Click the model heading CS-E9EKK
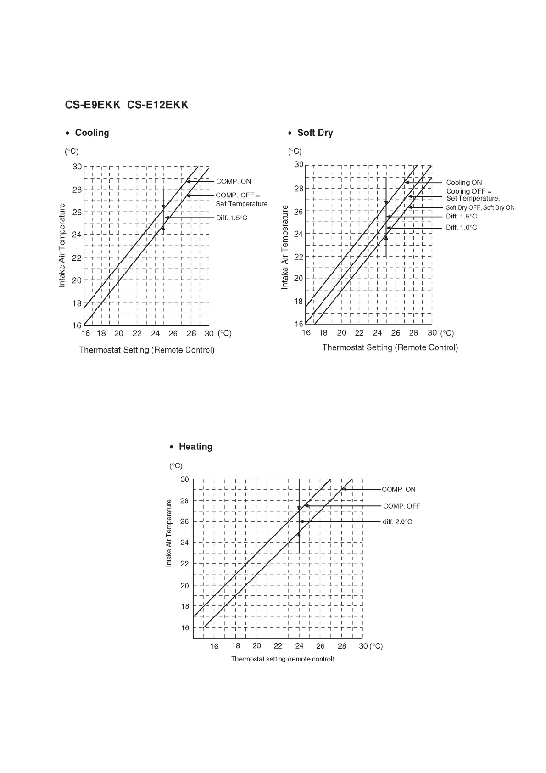click(92, 105)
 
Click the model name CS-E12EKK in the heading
click(157, 105)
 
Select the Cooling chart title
click(92, 133)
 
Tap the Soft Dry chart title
click(315, 133)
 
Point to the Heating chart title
click(195, 447)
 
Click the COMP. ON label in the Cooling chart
click(234, 182)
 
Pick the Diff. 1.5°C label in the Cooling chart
click(231, 218)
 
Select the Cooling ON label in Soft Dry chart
click(464, 183)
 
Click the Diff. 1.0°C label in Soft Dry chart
click(461, 228)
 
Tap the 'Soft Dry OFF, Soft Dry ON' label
click(480, 208)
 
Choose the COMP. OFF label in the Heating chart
click(401, 506)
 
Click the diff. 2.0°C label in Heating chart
click(397, 522)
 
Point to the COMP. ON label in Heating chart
click(398, 490)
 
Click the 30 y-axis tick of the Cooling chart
click(77, 167)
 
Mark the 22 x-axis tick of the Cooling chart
click(137, 334)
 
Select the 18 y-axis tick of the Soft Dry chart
click(298, 302)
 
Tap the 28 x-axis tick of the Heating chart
click(342, 646)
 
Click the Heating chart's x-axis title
click(282, 659)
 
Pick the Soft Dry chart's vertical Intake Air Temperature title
click(285, 247)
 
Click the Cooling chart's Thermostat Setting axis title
click(147, 350)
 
